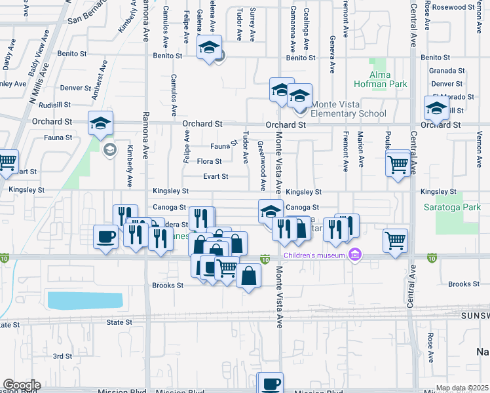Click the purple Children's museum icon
[x=355, y=254]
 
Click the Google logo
[x=22, y=385]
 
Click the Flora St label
[x=209, y=161]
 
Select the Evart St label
[x=215, y=176]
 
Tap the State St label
[x=119, y=322]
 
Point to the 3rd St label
[x=62, y=356]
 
